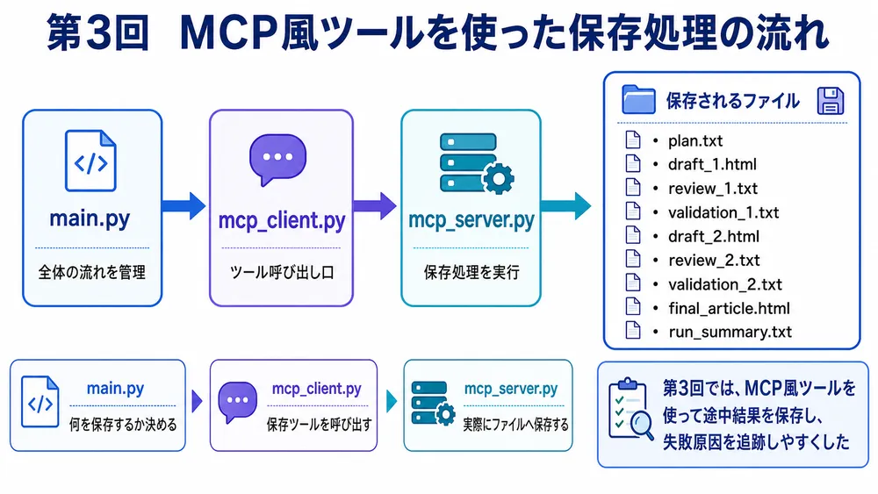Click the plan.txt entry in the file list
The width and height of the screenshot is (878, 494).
[694, 140]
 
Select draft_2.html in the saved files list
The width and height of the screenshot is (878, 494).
[713, 236]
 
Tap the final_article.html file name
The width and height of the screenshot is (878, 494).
[729, 308]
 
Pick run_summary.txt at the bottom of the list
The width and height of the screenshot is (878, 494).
[730, 332]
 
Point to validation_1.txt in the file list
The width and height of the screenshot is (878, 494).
[723, 212]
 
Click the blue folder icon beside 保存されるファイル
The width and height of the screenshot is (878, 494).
[638, 99]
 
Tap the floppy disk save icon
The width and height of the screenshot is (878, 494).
[830, 101]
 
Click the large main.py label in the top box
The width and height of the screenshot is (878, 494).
[90, 218]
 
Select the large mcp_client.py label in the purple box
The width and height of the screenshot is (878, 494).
[282, 220]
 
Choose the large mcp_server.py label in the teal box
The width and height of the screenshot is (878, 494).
[471, 220]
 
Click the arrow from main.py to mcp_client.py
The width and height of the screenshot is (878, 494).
[184, 206]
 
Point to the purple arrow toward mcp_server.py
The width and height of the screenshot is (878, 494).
[375, 206]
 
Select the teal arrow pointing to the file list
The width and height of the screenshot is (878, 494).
[566, 206]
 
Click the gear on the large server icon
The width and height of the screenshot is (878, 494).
[498, 178]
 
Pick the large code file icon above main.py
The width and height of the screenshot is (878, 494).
[90, 161]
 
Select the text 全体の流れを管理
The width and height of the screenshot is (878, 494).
[92, 273]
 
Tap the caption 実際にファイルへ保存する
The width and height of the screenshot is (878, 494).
[515, 425]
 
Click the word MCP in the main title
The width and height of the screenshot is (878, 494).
[229, 33]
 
